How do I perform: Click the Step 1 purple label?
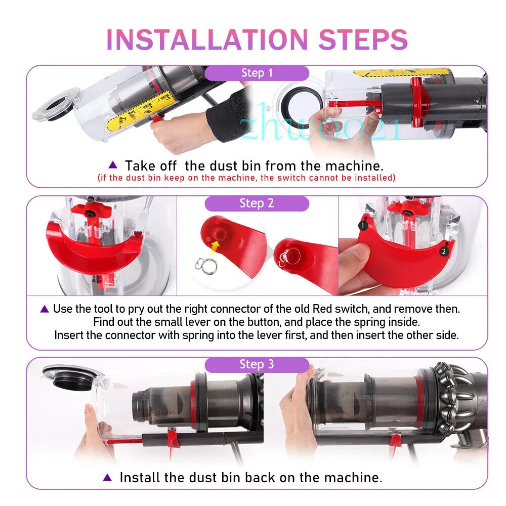(x=257, y=73)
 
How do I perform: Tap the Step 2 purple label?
(x=257, y=203)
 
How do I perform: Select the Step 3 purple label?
(x=257, y=364)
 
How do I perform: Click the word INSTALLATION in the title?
(x=207, y=39)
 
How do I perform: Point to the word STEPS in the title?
(x=363, y=39)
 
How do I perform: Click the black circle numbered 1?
(x=363, y=226)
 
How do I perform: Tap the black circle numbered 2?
(x=444, y=251)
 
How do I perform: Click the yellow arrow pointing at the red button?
(x=214, y=248)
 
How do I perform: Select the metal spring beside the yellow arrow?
(x=206, y=266)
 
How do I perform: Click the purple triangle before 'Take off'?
(x=113, y=164)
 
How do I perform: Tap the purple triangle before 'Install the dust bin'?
(x=107, y=477)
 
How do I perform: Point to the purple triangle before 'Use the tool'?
(x=45, y=309)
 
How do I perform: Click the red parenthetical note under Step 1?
(x=246, y=178)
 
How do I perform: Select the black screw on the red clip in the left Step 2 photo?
(x=90, y=214)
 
